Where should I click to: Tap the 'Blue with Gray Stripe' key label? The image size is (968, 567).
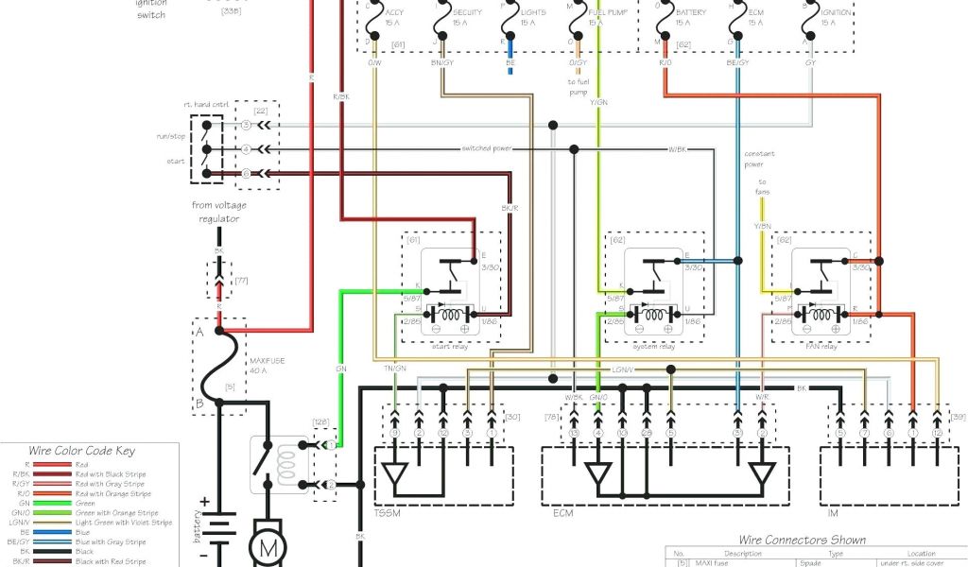click(x=112, y=542)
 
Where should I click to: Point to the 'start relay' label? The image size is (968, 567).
click(x=451, y=346)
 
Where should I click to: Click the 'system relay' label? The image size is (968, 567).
click(x=652, y=346)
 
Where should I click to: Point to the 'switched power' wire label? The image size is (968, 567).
click(x=487, y=148)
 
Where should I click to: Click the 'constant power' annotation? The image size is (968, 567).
click(x=759, y=158)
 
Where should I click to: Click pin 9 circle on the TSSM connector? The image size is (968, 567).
click(x=395, y=432)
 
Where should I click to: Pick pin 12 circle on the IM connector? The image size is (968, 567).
click(x=936, y=432)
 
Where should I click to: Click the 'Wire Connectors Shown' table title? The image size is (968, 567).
click(x=802, y=540)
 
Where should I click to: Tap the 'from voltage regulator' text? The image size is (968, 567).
click(x=216, y=212)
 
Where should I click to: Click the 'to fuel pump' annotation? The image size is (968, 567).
click(x=578, y=87)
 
